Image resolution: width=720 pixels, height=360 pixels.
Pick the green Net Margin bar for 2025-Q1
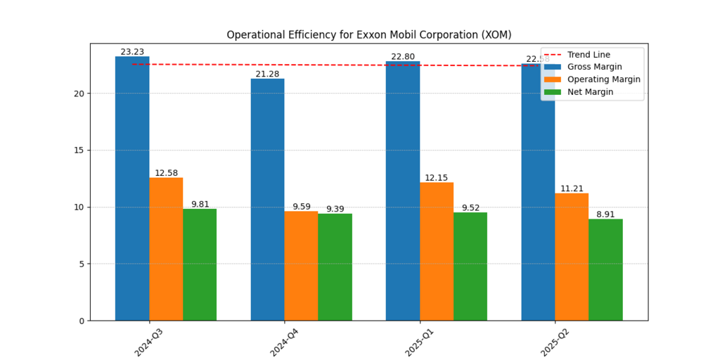(x=470, y=266)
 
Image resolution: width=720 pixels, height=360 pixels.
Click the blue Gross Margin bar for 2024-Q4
(x=267, y=200)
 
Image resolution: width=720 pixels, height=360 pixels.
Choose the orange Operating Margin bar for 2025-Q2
(x=572, y=257)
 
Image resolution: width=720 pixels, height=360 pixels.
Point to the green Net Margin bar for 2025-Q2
(x=605, y=270)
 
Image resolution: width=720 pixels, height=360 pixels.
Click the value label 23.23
(x=132, y=52)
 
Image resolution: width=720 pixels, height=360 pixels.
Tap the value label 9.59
(x=301, y=207)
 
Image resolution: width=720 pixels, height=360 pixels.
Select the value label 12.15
(x=436, y=178)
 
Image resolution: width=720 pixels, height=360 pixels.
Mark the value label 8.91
(x=605, y=214)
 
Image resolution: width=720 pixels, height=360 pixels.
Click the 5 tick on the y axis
(x=82, y=264)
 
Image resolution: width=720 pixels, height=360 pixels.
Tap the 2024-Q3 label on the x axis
(x=149, y=342)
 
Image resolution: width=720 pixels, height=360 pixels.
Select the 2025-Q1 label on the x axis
(x=420, y=342)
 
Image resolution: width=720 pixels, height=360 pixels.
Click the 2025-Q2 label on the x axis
(x=555, y=342)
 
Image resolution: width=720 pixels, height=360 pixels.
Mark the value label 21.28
(x=267, y=75)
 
